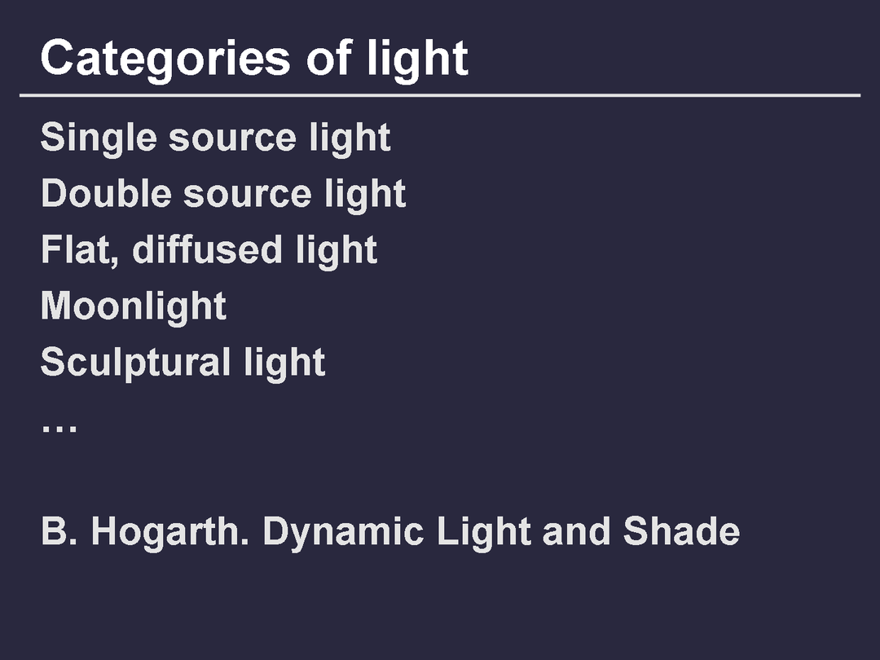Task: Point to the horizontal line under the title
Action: click(x=440, y=95)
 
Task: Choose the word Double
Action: click(x=106, y=193)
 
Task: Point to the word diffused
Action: click(x=207, y=249)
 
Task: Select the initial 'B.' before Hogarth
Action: click(x=59, y=531)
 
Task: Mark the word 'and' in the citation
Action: click(x=576, y=530)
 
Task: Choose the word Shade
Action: click(x=681, y=530)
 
